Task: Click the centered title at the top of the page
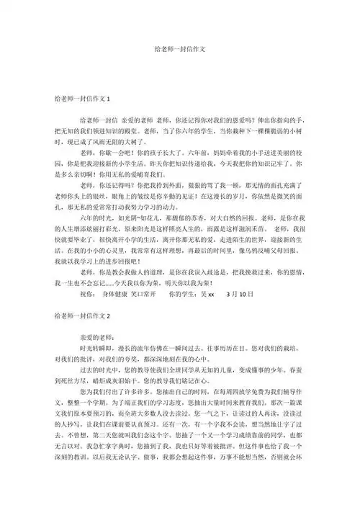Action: click(180, 51)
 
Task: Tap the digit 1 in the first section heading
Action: click(109, 98)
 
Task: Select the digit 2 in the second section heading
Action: click(109, 295)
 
